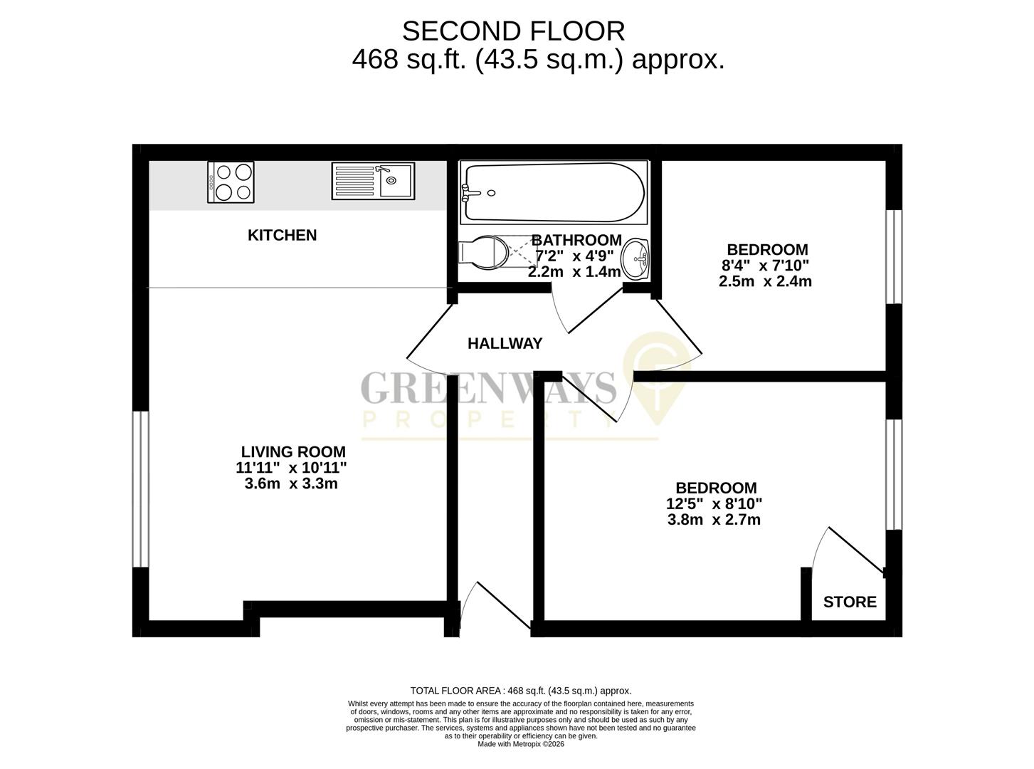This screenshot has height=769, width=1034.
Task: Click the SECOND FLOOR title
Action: tap(513, 31)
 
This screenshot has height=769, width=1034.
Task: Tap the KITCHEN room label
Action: tap(282, 235)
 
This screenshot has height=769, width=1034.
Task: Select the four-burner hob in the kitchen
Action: tap(231, 182)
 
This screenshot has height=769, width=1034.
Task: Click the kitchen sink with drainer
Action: tap(372, 181)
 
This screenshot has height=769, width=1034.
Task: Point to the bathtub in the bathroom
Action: tap(553, 192)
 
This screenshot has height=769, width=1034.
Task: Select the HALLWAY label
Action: tap(505, 344)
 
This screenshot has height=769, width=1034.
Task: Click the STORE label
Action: tap(850, 602)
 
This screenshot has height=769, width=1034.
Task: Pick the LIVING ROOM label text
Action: tap(293, 451)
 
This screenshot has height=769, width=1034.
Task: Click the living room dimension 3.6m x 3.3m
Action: tap(291, 484)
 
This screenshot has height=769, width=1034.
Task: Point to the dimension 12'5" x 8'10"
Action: tap(714, 504)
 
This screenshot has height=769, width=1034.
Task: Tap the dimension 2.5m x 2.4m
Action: tap(765, 281)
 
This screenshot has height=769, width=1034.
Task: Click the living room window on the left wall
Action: tap(141, 489)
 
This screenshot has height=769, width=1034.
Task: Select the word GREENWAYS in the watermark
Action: tap(488, 388)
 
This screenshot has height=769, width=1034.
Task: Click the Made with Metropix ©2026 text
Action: tap(521, 744)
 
